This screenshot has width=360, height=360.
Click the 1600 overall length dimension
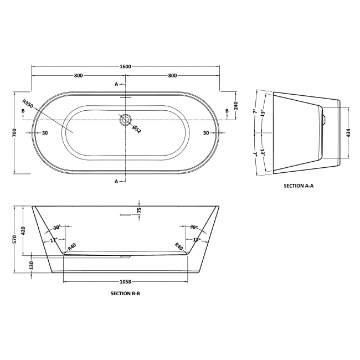(x=125, y=66)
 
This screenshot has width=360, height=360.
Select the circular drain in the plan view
(x=126, y=119)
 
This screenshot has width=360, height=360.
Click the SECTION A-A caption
(x=299, y=186)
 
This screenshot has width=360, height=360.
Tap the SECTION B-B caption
(x=126, y=295)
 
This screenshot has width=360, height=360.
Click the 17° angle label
(x=54, y=240)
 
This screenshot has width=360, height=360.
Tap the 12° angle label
(x=196, y=240)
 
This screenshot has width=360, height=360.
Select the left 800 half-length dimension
(x=78, y=75)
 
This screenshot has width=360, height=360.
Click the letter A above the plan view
(x=116, y=84)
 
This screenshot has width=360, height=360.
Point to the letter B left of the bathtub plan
(x=23, y=111)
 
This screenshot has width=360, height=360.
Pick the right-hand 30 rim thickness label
(x=206, y=133)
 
